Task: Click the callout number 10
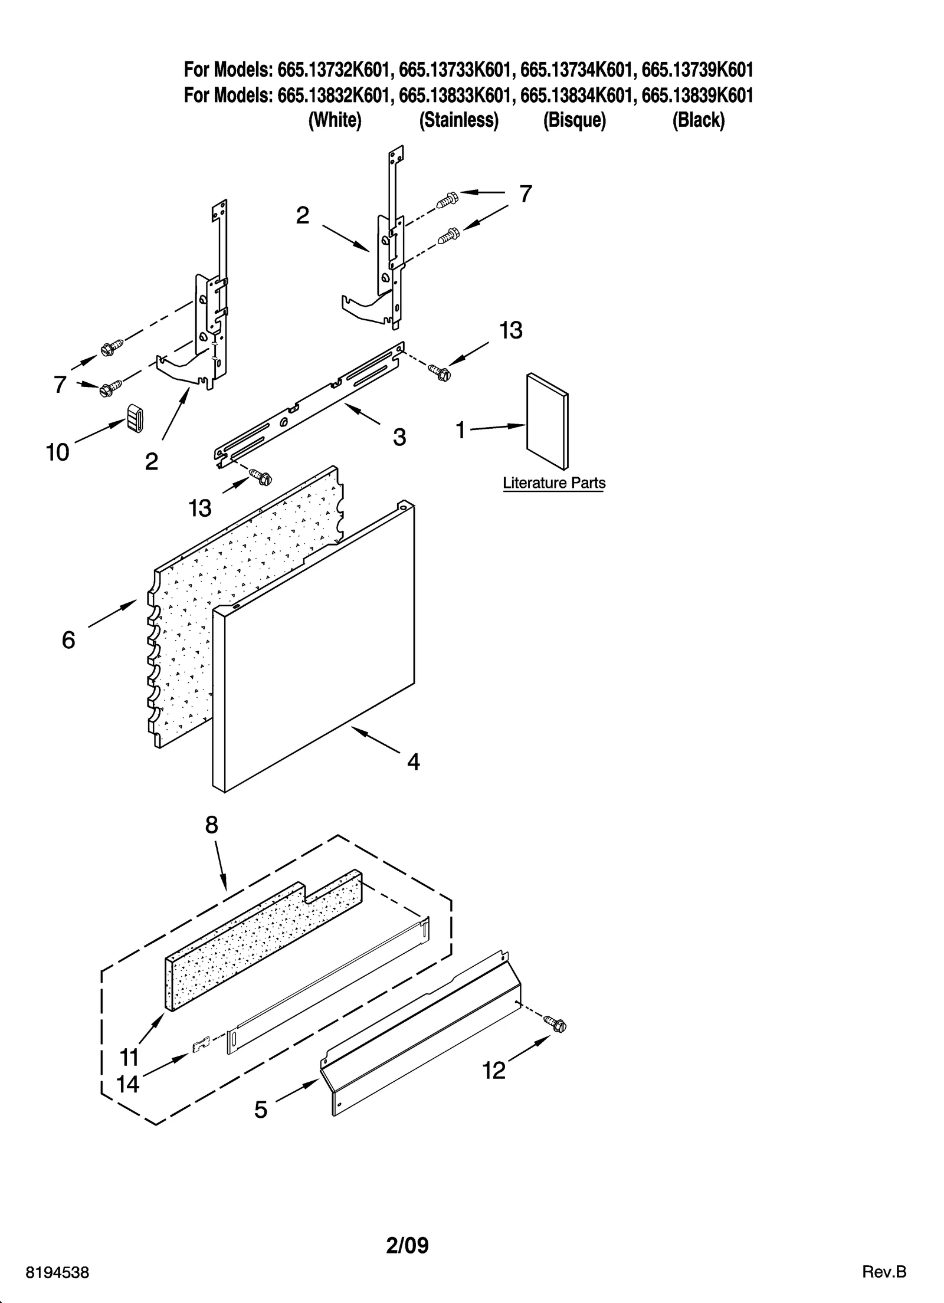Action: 57,452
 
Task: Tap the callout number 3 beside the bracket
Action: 399,437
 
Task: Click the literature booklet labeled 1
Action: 547,423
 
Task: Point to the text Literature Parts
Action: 553,483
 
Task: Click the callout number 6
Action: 68,640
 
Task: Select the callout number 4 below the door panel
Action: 413,762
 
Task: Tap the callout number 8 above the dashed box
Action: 212,825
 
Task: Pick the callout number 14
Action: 127,1084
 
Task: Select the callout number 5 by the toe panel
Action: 261,1110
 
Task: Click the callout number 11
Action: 129,1057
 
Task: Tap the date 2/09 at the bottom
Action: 407,1229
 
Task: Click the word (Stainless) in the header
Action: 458,120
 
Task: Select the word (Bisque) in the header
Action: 574,120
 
